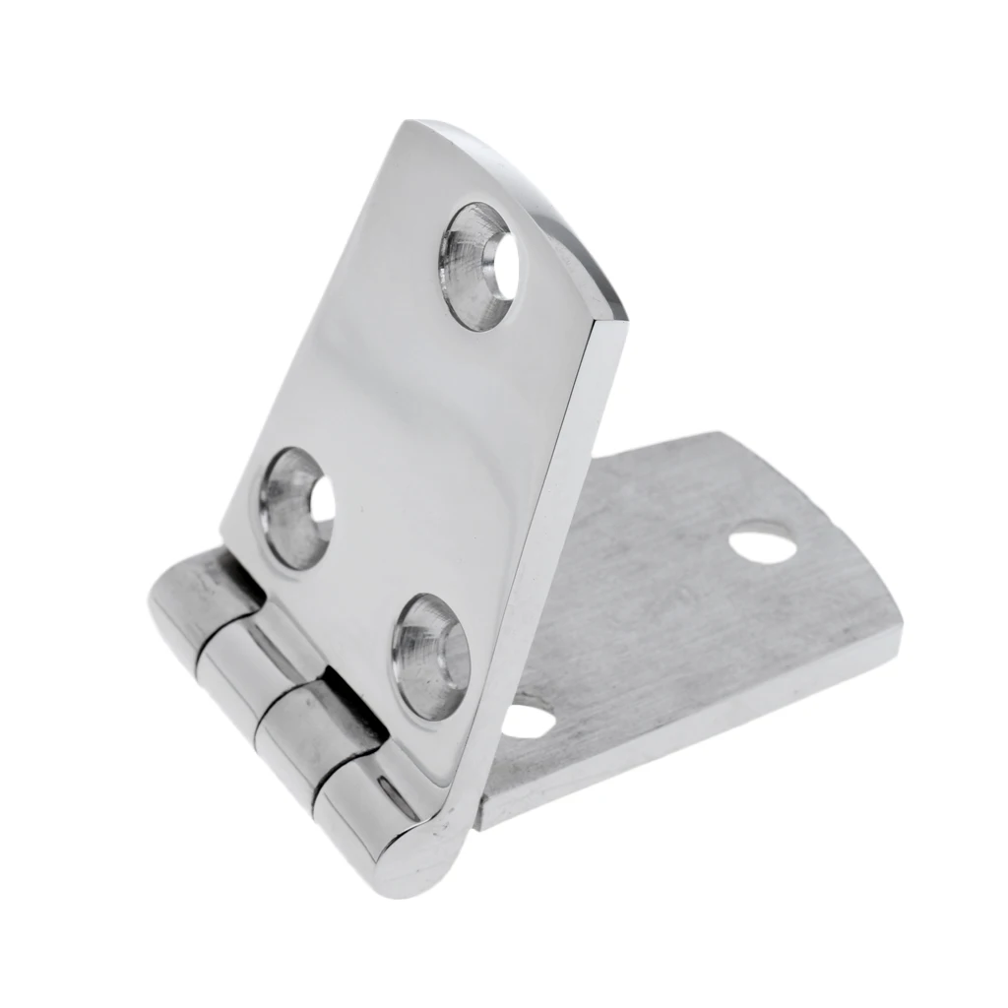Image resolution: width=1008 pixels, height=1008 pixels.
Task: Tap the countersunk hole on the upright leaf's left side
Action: click(295, 507)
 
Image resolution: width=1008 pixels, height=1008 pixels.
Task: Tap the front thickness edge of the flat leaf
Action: click(689, 748)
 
